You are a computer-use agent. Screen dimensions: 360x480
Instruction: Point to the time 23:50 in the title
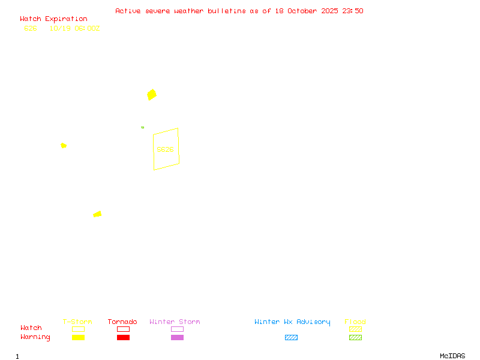(353, 11)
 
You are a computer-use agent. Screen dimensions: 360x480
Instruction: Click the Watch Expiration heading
(53, 19)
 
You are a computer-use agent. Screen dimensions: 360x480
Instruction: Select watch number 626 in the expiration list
(31, 28)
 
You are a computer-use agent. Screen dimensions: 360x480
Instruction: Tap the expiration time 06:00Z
(87, 28)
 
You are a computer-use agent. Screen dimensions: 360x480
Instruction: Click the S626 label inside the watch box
(165, 149)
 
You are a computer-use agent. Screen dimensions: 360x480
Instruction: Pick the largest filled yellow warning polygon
(152, 94)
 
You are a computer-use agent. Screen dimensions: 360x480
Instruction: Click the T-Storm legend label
(77, 322)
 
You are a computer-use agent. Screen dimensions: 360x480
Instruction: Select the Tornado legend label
(122, 322)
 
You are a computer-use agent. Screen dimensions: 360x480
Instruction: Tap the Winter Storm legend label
(175, 322)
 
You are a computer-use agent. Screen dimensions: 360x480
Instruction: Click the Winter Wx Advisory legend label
(292, 322)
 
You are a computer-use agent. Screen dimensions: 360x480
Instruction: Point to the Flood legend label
(355, 322)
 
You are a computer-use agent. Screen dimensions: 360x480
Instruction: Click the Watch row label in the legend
(31, 328)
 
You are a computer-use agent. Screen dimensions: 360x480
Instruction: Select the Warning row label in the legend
(35, 337)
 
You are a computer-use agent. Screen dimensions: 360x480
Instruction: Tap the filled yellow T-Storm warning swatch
(78, 337)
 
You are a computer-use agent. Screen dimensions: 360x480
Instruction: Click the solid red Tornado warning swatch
(123, 337)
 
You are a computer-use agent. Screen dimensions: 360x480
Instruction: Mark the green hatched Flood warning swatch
(355, 337)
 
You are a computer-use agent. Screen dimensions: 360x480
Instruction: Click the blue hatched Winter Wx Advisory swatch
(291, 337)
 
